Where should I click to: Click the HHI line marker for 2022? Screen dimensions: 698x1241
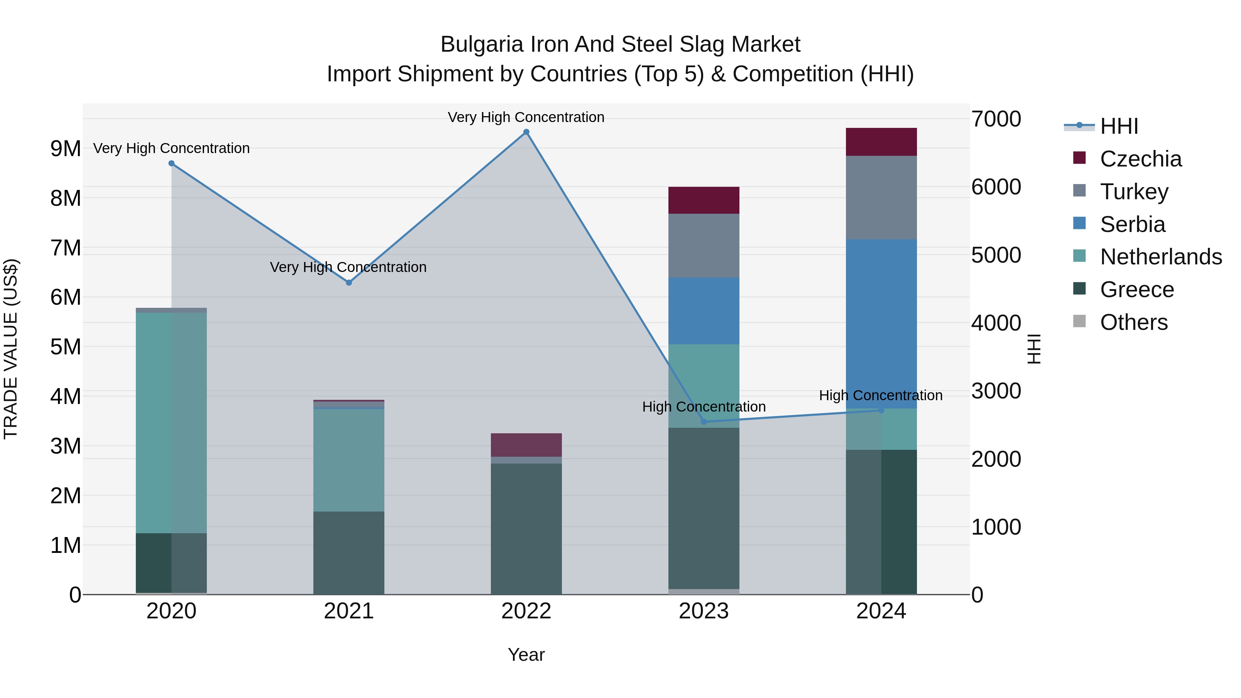526,132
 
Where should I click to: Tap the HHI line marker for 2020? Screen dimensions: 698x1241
172,163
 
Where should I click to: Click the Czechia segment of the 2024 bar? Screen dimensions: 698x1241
881,142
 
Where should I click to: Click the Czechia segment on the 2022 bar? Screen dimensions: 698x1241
526,445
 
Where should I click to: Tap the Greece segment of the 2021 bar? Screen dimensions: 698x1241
349,553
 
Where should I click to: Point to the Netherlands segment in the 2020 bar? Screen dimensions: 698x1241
172,423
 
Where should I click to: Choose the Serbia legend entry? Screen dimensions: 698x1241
1132,224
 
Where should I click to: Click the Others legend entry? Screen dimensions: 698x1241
1133,322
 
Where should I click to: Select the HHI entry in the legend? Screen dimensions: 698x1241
1119,126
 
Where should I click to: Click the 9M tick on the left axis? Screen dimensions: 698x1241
65,148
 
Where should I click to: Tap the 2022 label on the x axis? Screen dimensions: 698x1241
526,611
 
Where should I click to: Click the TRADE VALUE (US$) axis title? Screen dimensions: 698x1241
11,349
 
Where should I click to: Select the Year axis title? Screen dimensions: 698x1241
526,655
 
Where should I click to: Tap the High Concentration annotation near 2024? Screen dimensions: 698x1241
881,395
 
